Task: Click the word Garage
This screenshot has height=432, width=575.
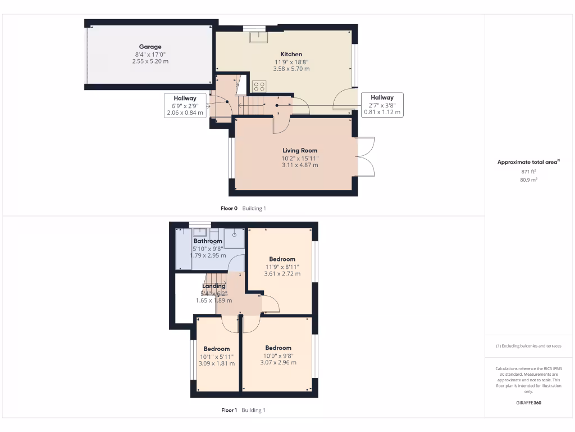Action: [x=150, y=47]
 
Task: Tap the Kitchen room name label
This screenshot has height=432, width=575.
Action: [x=291, y=54]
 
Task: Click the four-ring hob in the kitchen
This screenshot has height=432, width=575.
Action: [x=259, y=86]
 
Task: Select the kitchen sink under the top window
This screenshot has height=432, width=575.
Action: [x=259, y=37]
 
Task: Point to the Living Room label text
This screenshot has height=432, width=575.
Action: [x=300, y=150]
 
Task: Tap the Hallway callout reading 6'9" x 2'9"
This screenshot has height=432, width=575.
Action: [x=185, y=105]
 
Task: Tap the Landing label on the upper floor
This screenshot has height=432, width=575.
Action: [x=213, y=286]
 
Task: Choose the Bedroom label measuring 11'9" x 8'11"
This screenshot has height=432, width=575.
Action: [x=282, y=259]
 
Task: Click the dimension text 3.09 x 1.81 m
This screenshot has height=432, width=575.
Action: [x=216, y=363]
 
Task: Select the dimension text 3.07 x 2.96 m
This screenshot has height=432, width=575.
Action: [x=278, y=362]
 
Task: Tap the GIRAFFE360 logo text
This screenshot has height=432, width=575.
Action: [x=528, y=403]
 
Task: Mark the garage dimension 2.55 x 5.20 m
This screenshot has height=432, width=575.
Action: [x=150, y=61]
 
